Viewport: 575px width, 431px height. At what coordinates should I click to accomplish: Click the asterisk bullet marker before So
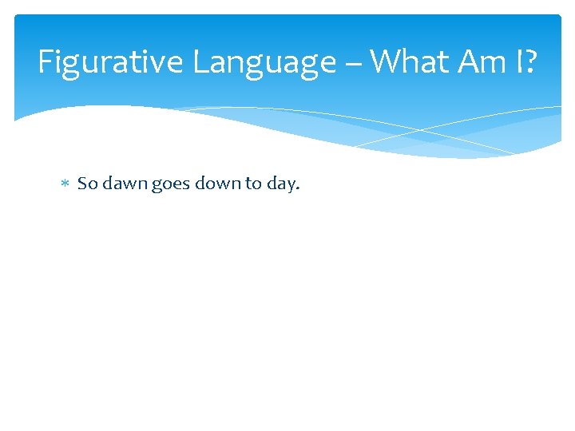[65, 184]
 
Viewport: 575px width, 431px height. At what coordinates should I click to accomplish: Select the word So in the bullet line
[87, 184]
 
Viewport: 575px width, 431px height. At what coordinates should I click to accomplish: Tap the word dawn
[125, 184]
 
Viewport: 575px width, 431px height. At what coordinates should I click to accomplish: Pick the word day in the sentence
[281, 184]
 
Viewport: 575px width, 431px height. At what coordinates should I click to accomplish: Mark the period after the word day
[298, 189]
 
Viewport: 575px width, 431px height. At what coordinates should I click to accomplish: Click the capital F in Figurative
[46, 61]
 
